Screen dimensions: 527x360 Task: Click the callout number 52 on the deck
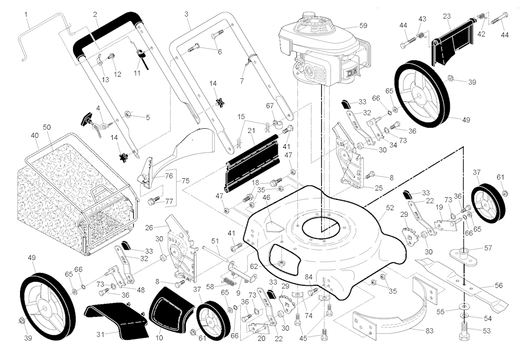(390, 208)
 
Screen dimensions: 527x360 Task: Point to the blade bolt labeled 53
(464, 331)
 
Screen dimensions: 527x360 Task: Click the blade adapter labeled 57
(464, 254)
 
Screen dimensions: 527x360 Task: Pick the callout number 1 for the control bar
(26, 14)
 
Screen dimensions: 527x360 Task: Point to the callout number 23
(447, 16)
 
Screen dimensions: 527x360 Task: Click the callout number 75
(185, 181)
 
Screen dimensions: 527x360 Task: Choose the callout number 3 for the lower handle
(186, 14)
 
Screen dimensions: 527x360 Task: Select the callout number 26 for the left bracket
(149, 228)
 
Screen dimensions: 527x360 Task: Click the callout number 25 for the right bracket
(378, 188)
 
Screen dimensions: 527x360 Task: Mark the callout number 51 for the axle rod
(215, 241)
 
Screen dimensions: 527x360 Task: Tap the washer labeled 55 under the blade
(464, 307)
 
